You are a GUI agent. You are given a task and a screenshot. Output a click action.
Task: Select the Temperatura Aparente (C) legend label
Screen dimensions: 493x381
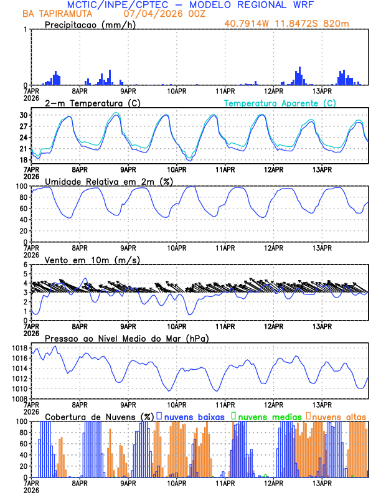pos(280,103)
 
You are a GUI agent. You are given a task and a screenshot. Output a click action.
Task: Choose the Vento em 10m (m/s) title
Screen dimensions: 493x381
pos(92,260)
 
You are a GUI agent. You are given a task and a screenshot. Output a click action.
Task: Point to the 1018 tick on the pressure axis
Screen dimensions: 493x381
pos(19,348)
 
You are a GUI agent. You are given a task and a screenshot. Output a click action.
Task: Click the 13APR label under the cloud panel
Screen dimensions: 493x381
pos(321,482)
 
